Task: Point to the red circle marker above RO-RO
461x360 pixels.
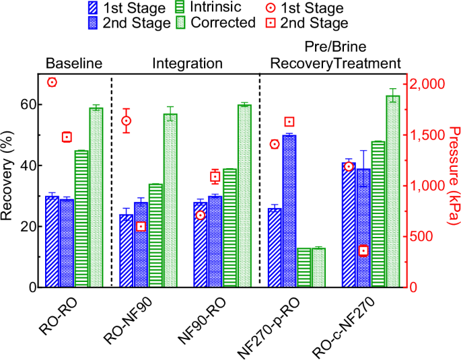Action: [52, 82]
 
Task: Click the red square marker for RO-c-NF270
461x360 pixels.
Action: [363, 250]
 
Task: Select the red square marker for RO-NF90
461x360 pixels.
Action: [141, 226]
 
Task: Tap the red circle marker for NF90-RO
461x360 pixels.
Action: [200, 215]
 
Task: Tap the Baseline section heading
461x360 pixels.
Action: [73, 64]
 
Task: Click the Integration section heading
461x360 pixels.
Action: [187, 64]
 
